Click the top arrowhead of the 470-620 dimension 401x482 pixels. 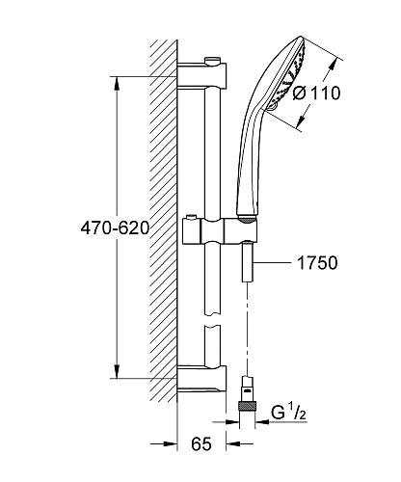pyautogui.click(x=119, y=83)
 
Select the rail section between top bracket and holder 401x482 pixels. pyautogui.click(x=211, y=154)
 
